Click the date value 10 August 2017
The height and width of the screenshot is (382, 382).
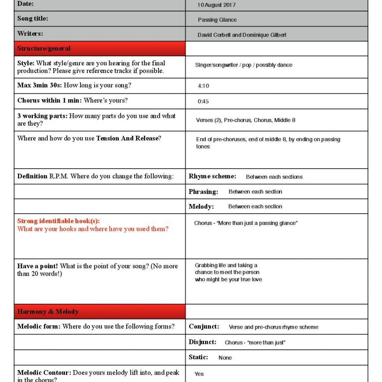pyautogui.click(x=216, y=5)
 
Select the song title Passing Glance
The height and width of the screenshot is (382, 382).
pyautogui.click(x=217, y=20)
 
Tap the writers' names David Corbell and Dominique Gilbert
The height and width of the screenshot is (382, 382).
pyautogui.click(x=242, y=35)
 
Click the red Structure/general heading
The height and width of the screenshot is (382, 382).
pyautogui.click(x=44, y=48)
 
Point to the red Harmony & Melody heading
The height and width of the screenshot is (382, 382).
pyautogui.click(x=48, y=311)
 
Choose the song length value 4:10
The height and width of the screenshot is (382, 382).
pyautogui.click(x=203, y=86)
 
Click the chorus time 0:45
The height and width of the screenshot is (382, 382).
pyautogui.click(x=203, y=101)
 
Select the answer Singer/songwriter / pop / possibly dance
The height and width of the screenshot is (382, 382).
pyautogui.click(x=244, y=65)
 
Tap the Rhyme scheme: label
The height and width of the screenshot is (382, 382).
pyautogui.click(x=212, y=176)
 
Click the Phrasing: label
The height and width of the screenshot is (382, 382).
pyautogui.click(x=203, y=192)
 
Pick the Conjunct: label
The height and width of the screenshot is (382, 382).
pyautogui.click(x=204, y=326)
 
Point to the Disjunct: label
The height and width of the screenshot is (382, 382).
pyautogui.click(x=202, y=342)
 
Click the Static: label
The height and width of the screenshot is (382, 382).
pyautogui.click(x=198, y=357)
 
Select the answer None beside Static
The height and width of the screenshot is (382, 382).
pyautogui.click(x=225, y=358)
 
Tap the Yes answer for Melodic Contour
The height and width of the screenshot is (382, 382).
pyautogui.click(x=199, y=374)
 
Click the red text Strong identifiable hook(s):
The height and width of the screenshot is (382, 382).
pyautogui.click(x=58, y=221)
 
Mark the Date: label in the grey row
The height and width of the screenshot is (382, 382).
pyautogui.click(x=25, y=4)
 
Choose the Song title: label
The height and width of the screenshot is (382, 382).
pyautogui.click(x=32, y=18)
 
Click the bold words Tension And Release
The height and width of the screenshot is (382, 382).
pyautogui.click(x=127, y=138)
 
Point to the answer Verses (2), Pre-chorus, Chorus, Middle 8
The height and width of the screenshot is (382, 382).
pyautogui.click(x=245, y=120)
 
